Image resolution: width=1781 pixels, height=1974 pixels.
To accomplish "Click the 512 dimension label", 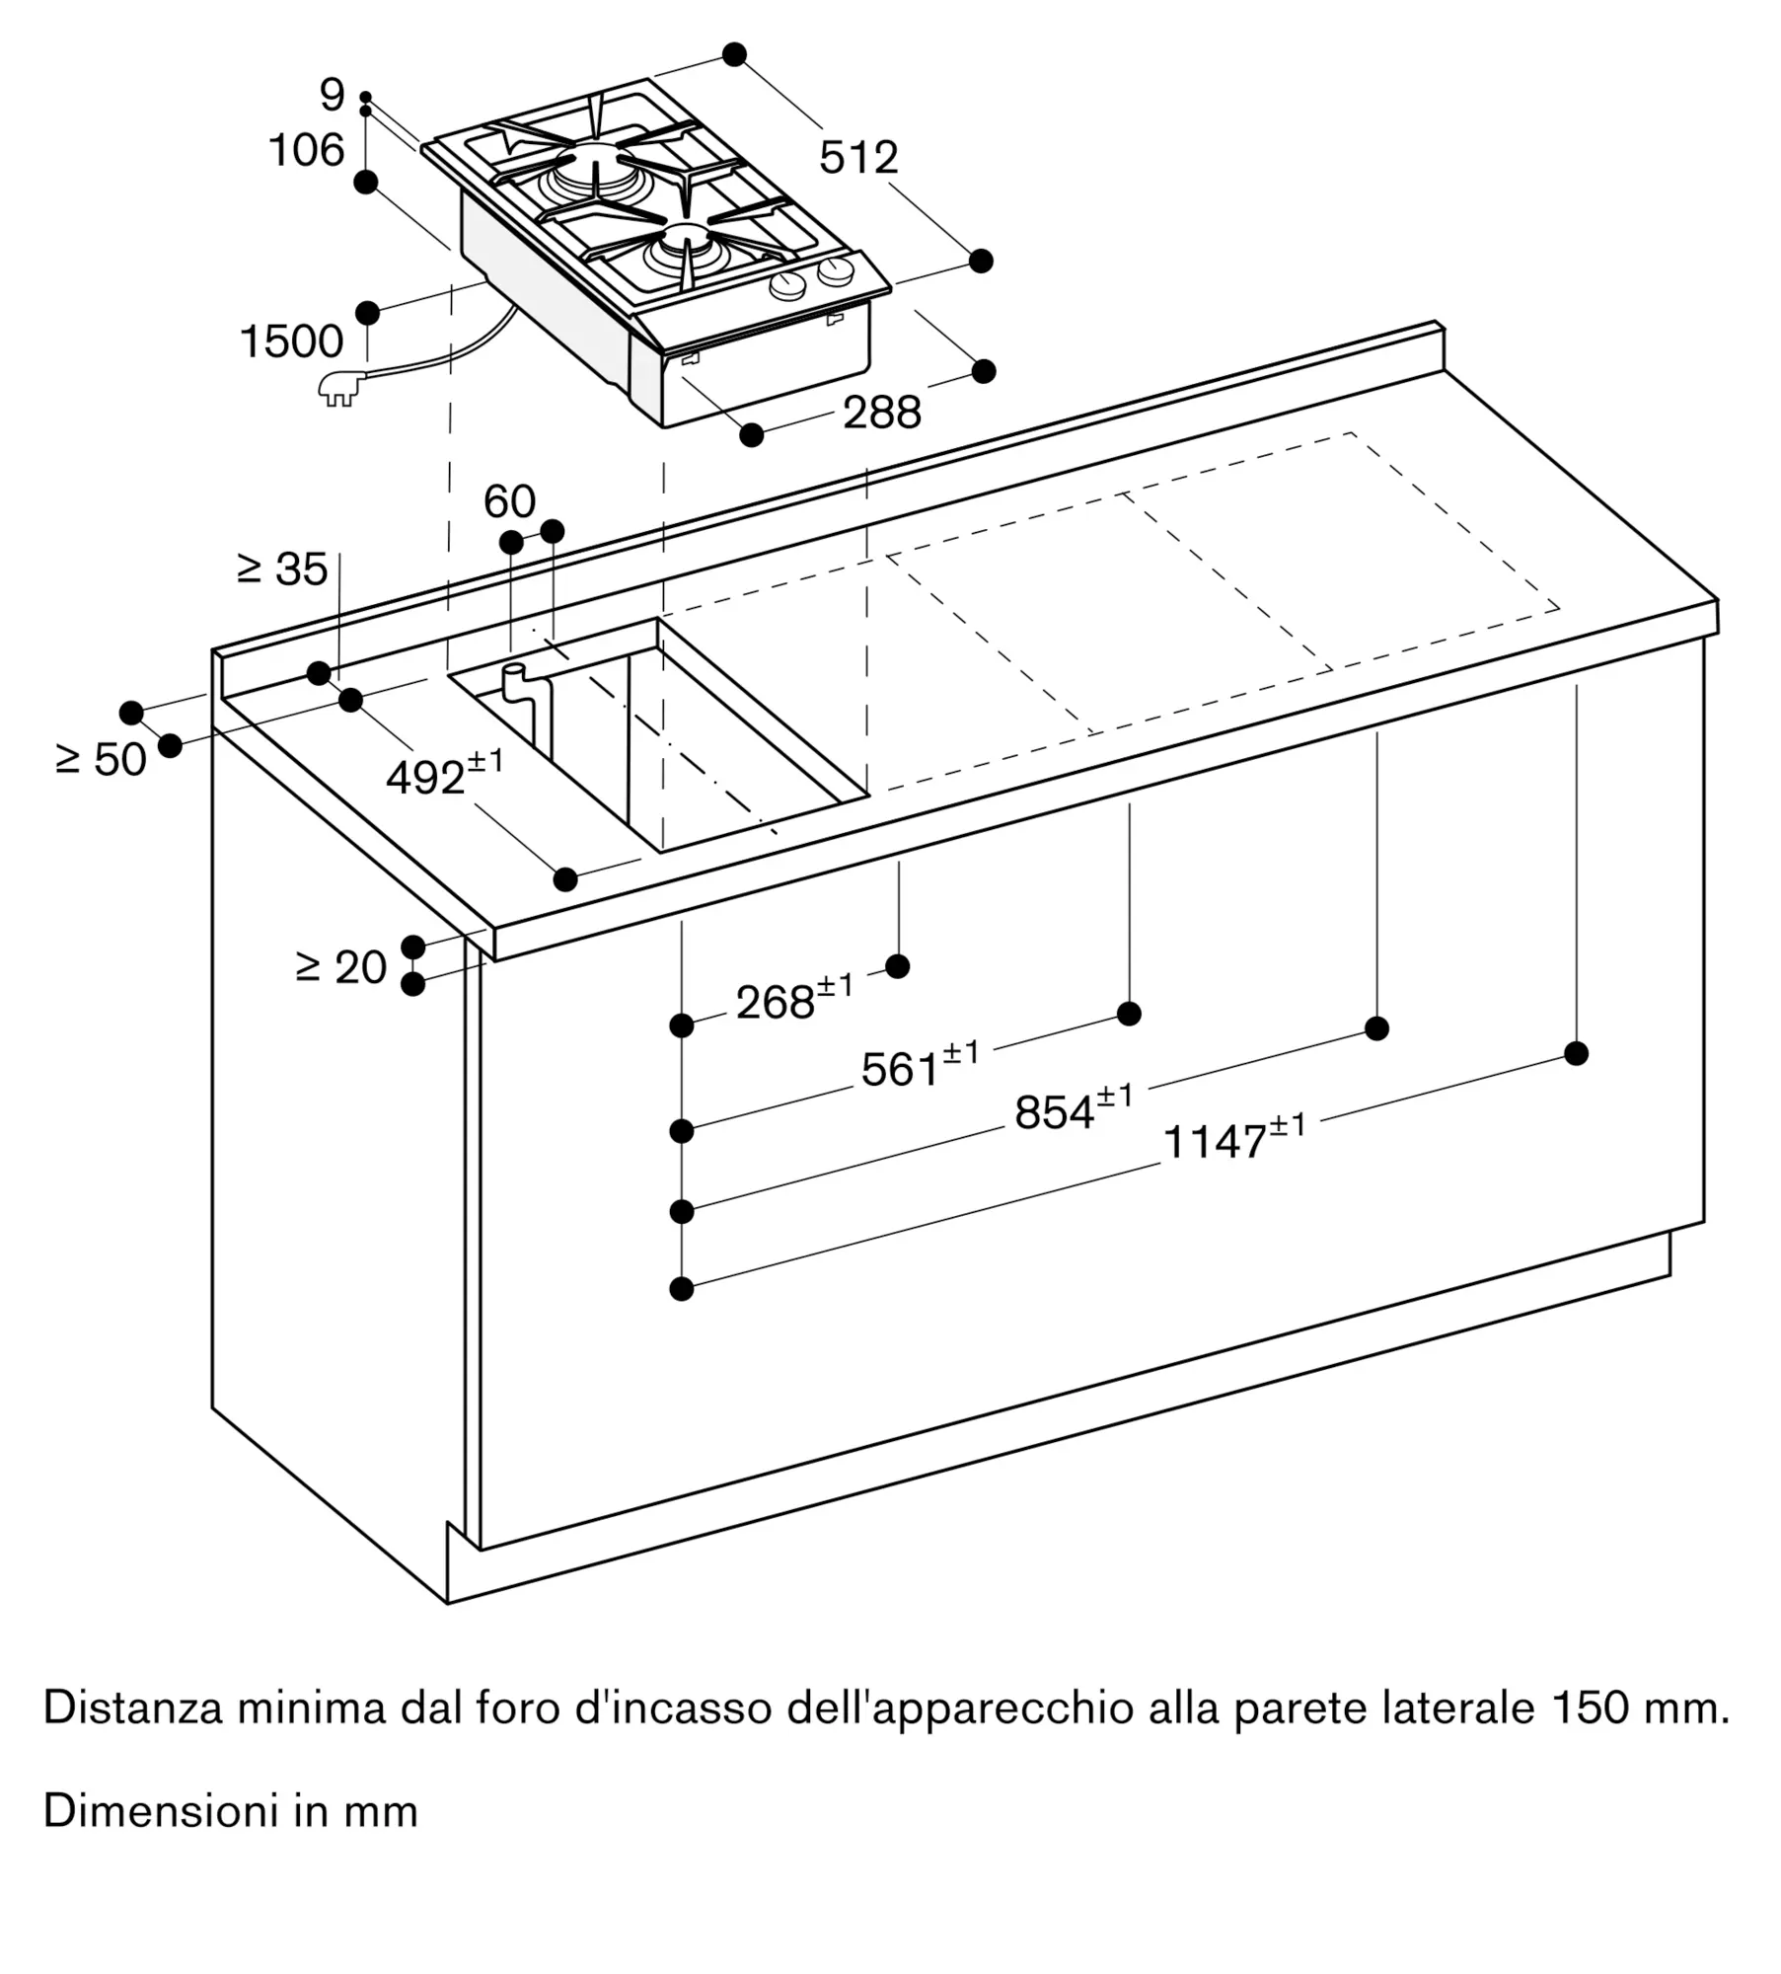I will [858, 158].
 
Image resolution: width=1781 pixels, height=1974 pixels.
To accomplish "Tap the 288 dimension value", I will [881, 412].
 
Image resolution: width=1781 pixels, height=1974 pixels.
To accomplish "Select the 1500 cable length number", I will [291, 342].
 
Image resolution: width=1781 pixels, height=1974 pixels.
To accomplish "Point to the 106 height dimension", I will [306, 151].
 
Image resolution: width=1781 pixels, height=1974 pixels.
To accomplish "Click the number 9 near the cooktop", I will [333, 96].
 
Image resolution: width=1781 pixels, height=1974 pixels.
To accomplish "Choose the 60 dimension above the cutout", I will [509, 501].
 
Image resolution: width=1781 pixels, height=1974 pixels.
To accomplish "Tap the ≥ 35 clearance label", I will [283, 569].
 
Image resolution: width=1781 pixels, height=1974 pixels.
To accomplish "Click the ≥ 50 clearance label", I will [102, 759].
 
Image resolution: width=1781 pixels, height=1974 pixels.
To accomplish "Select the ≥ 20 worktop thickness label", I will [341, 967].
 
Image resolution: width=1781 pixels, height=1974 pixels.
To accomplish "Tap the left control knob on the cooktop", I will [787, 286].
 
